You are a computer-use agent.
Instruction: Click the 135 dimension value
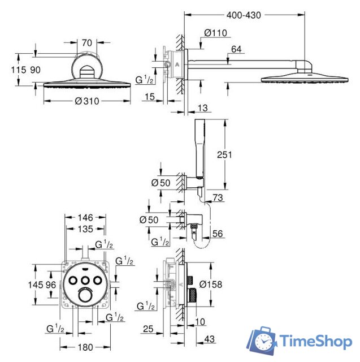click(x=85, y=229)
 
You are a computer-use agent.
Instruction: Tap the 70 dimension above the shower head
click(x=86, y=42)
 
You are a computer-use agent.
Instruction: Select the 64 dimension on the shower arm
click(x=237, y=50)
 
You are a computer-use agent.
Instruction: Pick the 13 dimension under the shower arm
click(x=204, y=108)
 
